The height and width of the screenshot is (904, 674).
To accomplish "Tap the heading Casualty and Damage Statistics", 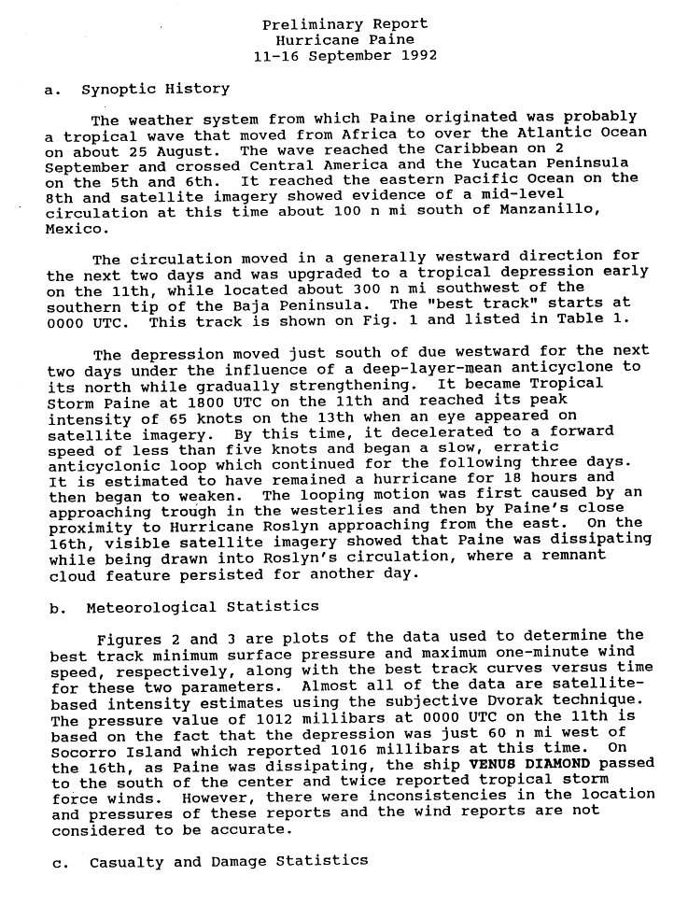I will [228, 862].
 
